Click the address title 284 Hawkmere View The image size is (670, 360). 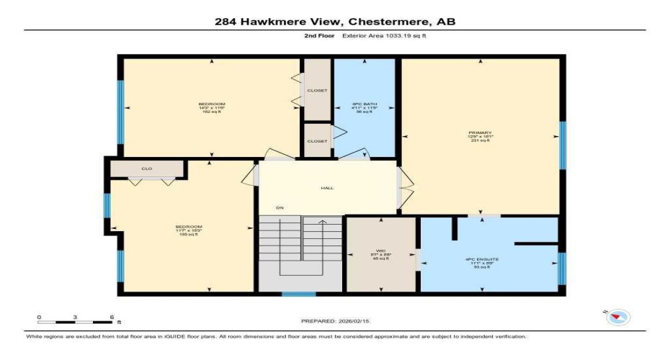click(335, 22)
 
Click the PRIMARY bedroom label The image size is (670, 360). click(479, 133)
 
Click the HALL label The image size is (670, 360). click(327, 189)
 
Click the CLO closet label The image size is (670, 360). click(146, 169)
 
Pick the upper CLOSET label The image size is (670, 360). click(317, 91)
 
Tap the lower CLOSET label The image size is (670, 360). click(317, 141)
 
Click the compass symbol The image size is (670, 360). click(618, 317)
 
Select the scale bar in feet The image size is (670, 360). click(76, 319)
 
